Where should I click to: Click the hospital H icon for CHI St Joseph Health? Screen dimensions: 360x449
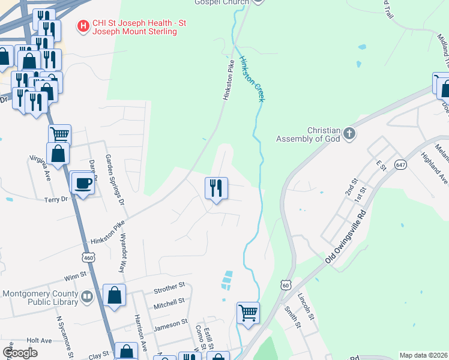click(83, 26)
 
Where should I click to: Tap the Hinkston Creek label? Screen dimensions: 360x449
click(251, 79)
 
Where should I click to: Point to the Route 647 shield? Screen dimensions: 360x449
click(401, 164)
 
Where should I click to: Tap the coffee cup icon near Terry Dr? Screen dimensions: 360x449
click(82, 182)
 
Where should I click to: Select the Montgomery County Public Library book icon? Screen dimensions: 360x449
click(87, 296)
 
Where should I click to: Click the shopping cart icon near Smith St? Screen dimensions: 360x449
click(248, 313)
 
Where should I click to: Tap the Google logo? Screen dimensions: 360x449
click(20, 353)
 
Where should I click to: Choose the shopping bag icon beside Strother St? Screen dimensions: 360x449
click(114, 295)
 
